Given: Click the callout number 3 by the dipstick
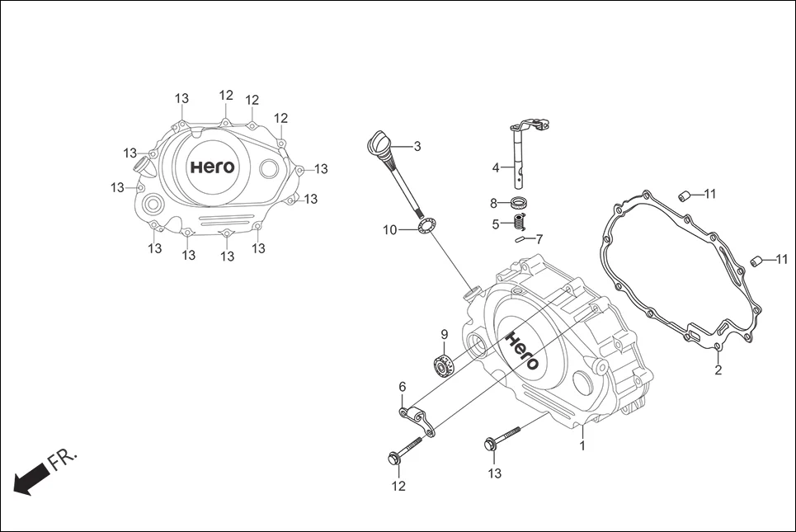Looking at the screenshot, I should point(417,146).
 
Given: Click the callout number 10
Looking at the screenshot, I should point(390,229).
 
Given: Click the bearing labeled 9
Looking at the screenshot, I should point(445,362).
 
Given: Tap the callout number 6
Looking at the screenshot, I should point(403,387).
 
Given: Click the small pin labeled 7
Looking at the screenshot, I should point(521,240).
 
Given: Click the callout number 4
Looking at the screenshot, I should point(496,167).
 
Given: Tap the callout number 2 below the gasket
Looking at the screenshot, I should point(718,370).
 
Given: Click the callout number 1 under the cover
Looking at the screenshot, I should point(582,445).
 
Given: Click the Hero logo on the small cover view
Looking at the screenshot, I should point(213,167).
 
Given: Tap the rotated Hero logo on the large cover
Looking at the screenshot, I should point(522,351).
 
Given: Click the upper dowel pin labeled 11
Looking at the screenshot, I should point(683,195).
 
